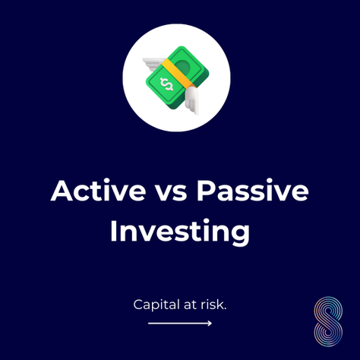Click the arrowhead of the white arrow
tap(209, 324)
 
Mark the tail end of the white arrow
tap(150, 324)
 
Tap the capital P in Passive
tap(207, 191)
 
